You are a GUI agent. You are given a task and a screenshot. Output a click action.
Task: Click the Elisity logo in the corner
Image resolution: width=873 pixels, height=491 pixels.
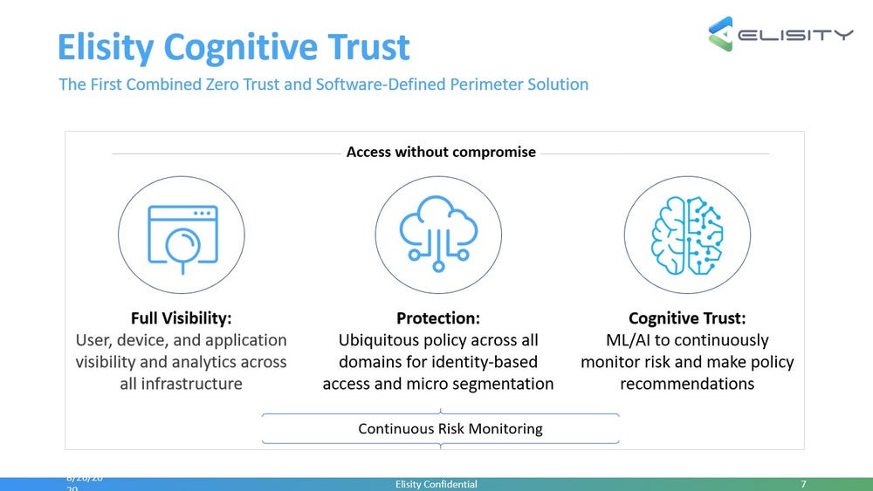click(x=780, y=35)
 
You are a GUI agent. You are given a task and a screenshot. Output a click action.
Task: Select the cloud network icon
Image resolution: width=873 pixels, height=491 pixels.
click(x=438, y=228)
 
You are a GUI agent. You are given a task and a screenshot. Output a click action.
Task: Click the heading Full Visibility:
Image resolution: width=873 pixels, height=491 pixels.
click(x=181, y=317)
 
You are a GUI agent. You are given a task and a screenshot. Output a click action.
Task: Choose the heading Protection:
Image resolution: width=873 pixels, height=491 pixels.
click(x=437, y=317)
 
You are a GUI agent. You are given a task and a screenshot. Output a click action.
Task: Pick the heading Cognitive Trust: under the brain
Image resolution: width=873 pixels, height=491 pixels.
click(x=687, y=317)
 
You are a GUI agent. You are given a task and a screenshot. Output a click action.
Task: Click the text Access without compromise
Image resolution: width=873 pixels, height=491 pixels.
click(x=441, y=152)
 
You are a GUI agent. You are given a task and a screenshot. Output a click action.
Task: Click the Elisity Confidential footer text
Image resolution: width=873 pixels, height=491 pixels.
click(x=436, y=484)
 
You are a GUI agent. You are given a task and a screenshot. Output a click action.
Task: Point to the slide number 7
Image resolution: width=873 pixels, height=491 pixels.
click(x=802, y=484)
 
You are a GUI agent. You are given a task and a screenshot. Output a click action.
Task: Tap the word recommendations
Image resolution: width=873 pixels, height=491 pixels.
click(x=687, y=384)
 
